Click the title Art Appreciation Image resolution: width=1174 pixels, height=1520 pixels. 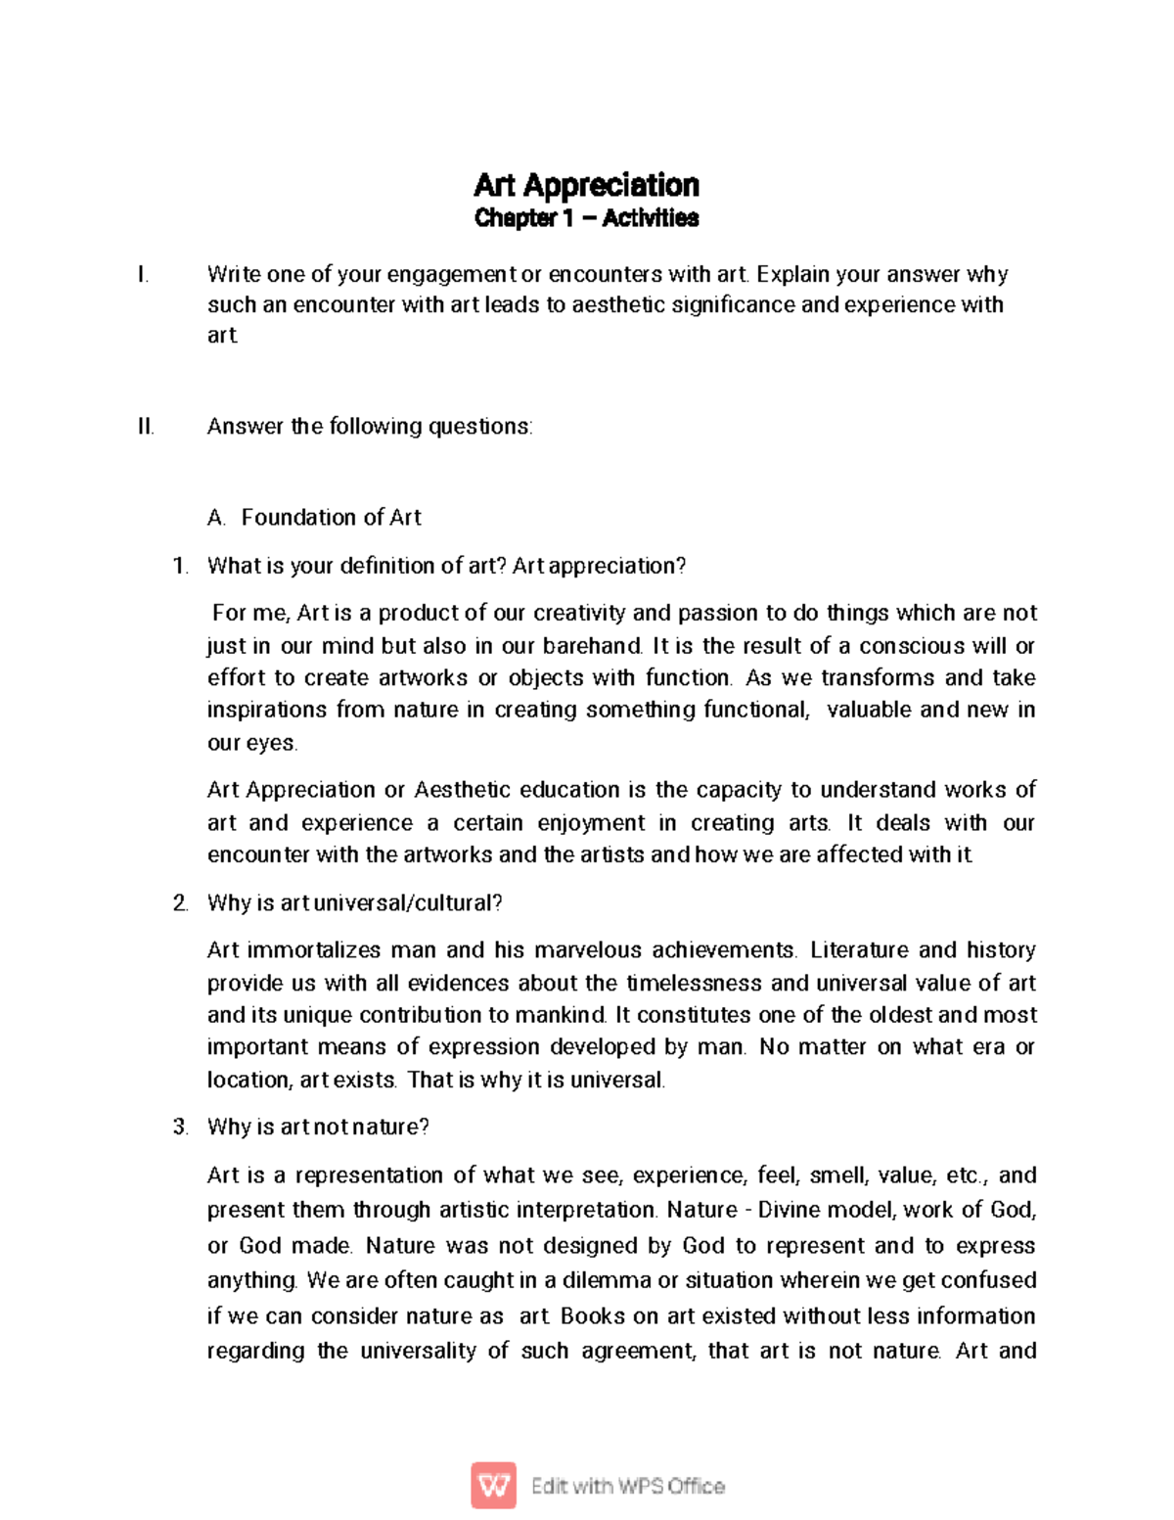click(586, 185)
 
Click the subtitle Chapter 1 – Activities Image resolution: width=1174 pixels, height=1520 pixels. click(586, 218)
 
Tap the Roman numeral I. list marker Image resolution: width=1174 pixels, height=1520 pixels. click(143, 275)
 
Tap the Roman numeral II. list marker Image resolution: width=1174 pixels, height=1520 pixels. click(146, 427)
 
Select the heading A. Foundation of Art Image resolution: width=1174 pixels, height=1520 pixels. click(314, 518)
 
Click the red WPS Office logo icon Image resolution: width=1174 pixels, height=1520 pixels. click(494, 1486)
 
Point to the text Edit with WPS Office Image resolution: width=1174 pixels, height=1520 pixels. click(627, 1486)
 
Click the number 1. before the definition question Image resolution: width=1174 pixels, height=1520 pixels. click(180, 566)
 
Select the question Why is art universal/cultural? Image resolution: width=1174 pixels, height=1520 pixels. click(354, 902)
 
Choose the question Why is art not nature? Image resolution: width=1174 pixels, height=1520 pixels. click(318, 1127)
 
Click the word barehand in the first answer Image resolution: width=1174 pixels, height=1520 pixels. click(593, 646)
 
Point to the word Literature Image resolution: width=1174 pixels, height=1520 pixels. click(858, 950)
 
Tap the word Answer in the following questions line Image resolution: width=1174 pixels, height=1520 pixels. click(245, 427)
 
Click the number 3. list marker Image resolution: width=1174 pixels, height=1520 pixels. click(180, 1127)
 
